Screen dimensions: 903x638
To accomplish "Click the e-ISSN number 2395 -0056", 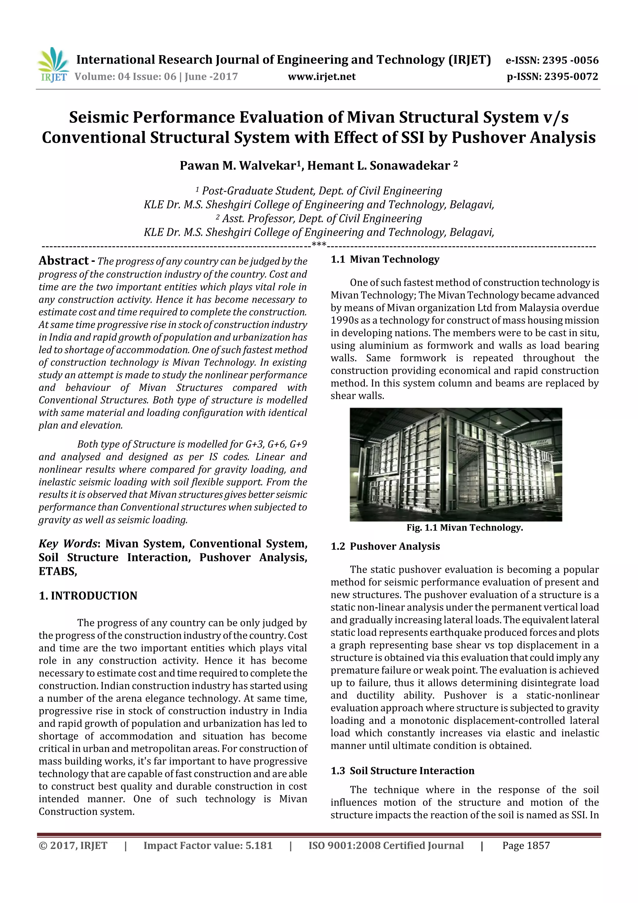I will pyautogui.click(x=570, y=60).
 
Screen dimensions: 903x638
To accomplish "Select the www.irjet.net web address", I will pyautogui.click(x=321, y=77).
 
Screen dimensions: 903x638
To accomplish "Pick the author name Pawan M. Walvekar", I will pyautogui.click(x=237, y=166).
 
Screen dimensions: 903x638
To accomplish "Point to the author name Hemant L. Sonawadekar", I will pyautogui.click(x=379, y=166).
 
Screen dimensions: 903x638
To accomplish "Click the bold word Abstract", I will pyautogui.click(x=64, y=261).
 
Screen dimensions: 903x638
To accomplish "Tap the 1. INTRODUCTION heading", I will pyautogui.click(x=88, y=595).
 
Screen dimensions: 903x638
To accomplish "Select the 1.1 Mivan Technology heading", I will pyautogui.click(x=385, y=259).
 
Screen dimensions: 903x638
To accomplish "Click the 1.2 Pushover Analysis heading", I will pyautogui.click(x=385, y=546).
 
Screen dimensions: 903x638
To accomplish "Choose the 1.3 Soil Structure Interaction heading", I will pyautogui.click(x=402, y=771).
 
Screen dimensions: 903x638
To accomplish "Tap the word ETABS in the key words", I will pyautogui.click(x=57, y=571).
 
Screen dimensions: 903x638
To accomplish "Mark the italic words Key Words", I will pyautogui.click(x=68, y=544).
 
